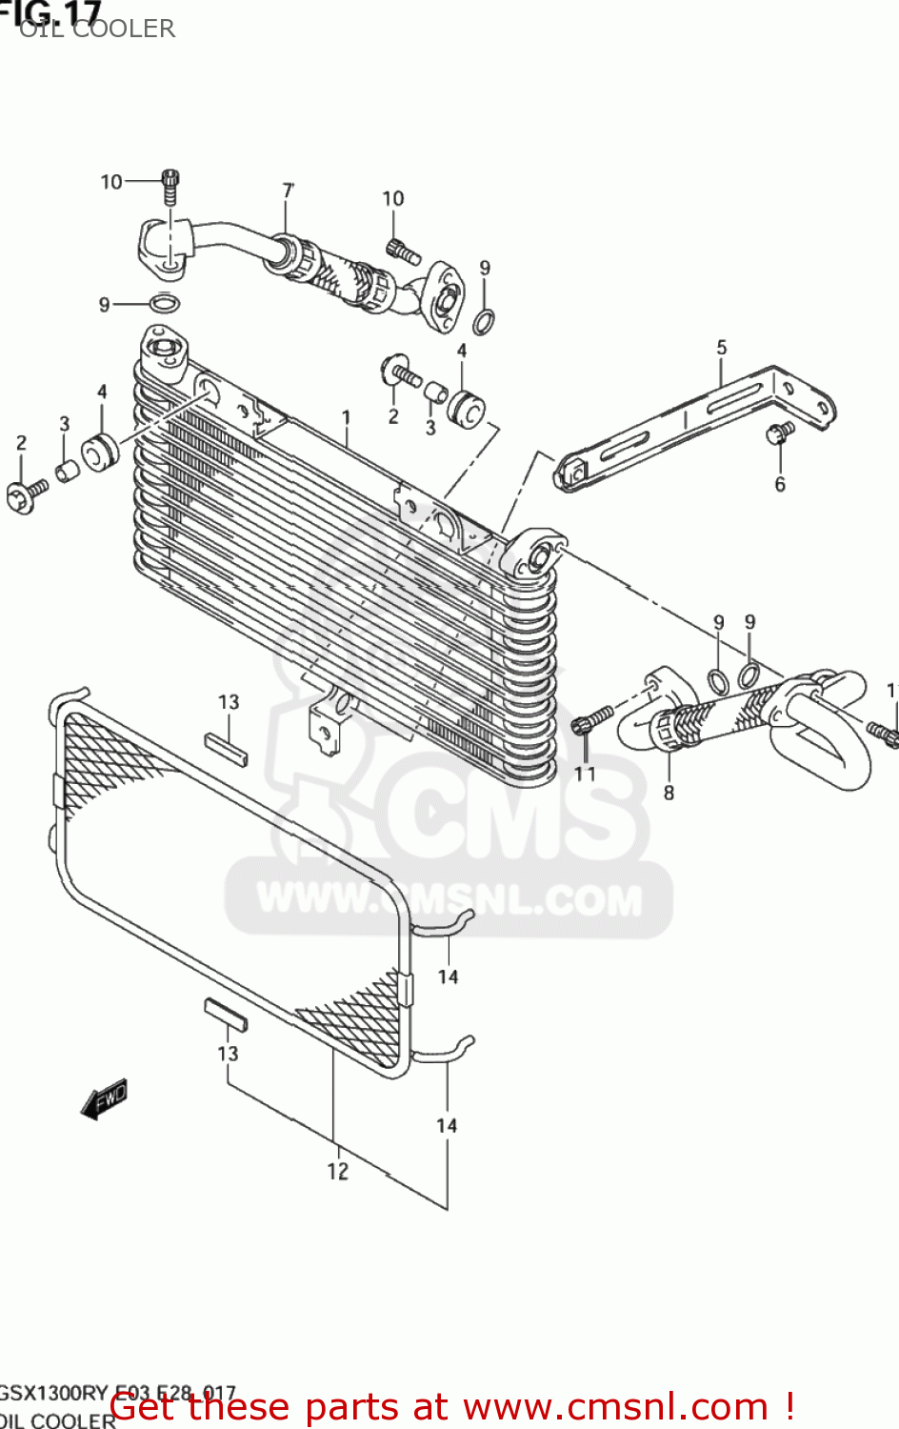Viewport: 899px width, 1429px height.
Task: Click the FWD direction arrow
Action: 104,1099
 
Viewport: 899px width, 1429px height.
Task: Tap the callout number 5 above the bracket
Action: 722,348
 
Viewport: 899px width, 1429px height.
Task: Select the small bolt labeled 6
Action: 779,433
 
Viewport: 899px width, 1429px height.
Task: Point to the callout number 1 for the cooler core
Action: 347,417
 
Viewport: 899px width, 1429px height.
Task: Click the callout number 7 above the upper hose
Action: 288,191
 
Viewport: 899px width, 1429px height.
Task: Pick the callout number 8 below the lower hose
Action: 669,793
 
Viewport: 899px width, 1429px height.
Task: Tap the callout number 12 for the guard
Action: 338,1171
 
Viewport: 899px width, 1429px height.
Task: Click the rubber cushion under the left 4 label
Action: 98,451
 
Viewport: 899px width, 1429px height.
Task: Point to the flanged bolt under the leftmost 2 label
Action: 25,495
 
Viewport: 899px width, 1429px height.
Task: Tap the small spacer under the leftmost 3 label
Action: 66,471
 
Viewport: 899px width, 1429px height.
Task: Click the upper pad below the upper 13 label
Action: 227,749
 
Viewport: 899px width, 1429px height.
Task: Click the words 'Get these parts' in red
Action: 200,1407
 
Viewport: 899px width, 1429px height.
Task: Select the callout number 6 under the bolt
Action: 780,485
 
